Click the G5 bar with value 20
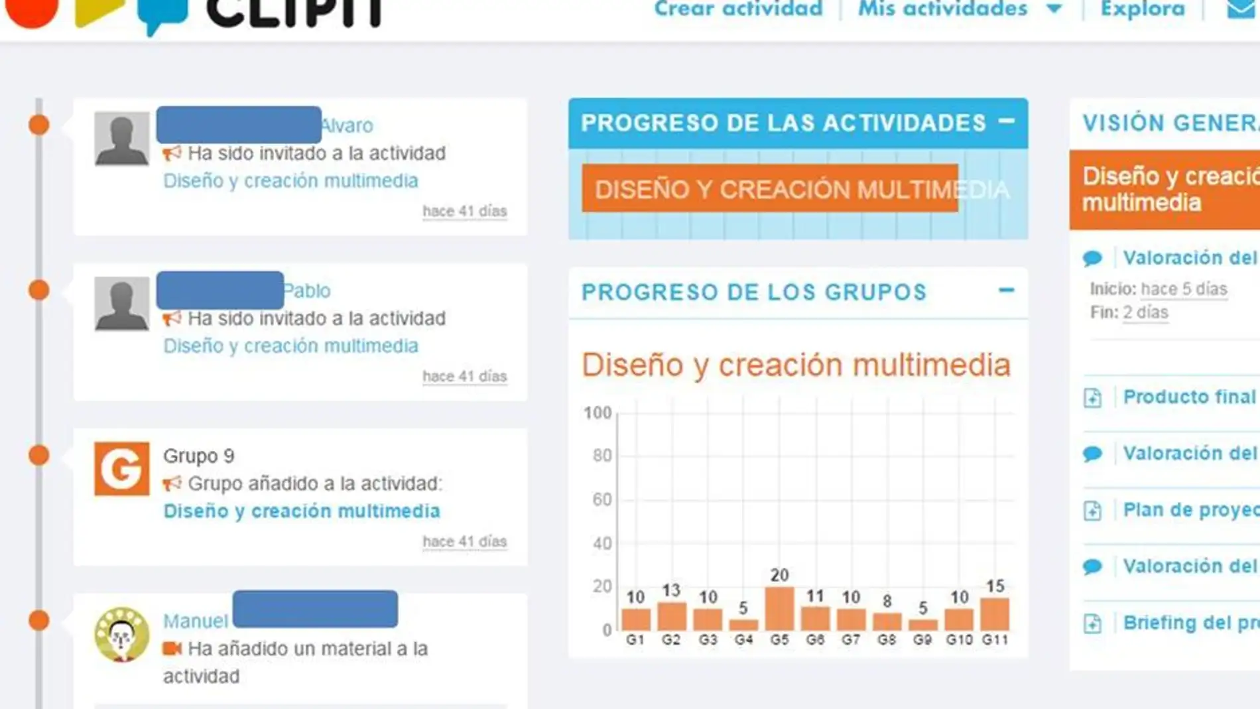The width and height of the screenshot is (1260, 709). click(x=779, y=608)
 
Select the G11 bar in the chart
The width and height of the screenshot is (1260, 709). click(x=995, y=614)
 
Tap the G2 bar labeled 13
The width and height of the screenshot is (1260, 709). click(x=672, y=616)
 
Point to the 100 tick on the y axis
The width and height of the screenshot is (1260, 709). click(x=598, y=413)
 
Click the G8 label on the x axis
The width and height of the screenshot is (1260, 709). click(x=887, y=640)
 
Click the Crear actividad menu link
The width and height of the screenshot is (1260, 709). click(x=738, y=9)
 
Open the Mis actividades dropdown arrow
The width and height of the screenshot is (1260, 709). click(x=1054, y=10)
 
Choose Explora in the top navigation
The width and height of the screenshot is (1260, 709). click(x=1143, y=9)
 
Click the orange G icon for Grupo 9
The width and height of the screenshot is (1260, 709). click(x=121, y=469)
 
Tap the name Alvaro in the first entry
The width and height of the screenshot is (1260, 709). click(x=347, y=125)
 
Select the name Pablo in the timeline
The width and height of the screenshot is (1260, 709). click(x=307, y=290)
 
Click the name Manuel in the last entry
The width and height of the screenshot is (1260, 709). click(x=195, y=621)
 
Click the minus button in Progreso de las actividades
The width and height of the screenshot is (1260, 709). click(x=1007, y=121)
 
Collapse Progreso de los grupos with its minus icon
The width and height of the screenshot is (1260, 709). click(x=1007, y=290)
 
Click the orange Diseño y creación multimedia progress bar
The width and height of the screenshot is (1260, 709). click(x=769, y=189)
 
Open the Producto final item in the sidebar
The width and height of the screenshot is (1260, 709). click(x=1189, y=397)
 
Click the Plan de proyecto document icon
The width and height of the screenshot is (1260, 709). click(x=1092, y=511)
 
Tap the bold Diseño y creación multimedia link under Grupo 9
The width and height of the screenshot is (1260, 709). click(x=302, y=511)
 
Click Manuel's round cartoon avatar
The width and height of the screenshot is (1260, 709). click(x=121, y=635)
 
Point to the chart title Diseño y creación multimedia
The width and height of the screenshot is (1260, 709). click(x=796, y=365)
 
